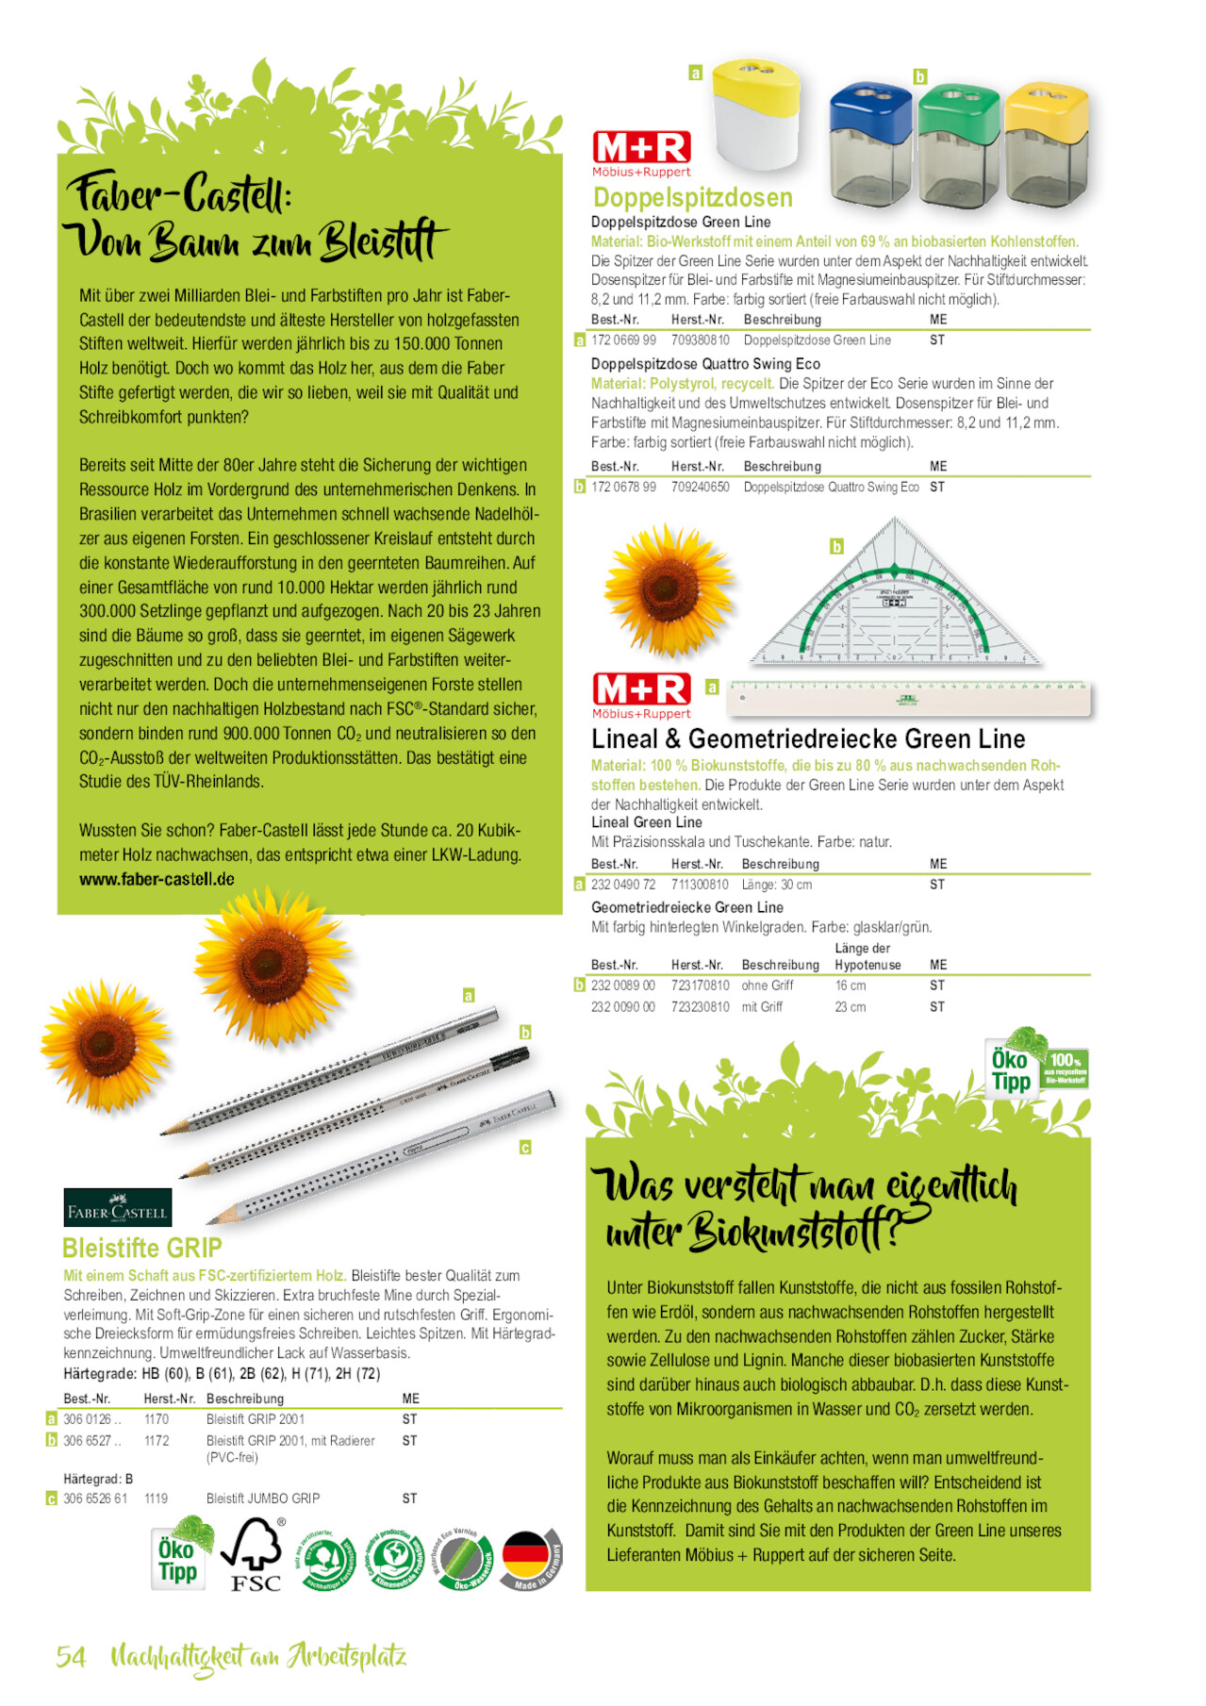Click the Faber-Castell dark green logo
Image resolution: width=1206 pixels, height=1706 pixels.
tap(117, 1208)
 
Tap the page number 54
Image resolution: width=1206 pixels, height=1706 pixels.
tap(71, 1657)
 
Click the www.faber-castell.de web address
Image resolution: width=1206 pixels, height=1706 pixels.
tap(157, 879)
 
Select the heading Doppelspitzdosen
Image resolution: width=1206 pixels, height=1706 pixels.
tap(692, 197)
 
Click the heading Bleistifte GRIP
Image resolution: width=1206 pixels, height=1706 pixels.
tap(141, 1249)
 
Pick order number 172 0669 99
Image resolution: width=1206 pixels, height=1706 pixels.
tap(623, 340)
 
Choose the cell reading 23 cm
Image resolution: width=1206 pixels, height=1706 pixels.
tap(850, 1007)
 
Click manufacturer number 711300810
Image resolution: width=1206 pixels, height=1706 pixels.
tap(700, 885)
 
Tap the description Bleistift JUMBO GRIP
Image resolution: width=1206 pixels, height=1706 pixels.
tap(262, 1499)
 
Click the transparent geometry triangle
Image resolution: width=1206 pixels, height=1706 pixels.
tap(895, 604)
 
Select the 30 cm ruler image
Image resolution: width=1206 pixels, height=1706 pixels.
tap(909, 697)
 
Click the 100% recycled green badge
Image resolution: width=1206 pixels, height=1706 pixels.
tap(1066, 1068)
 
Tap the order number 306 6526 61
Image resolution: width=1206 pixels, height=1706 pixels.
tap(95, 1499)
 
